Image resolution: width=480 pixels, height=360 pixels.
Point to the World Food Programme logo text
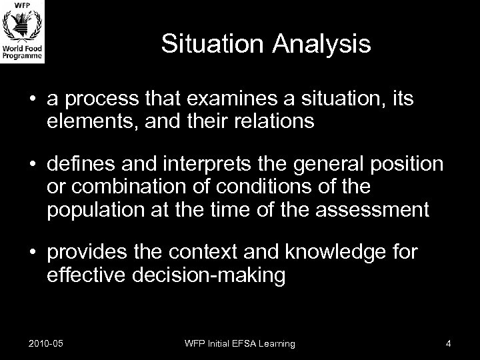coord(23,53)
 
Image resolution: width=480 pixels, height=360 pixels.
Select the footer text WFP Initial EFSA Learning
coord(240,343)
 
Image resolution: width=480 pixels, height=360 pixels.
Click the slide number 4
coord(449,343)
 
